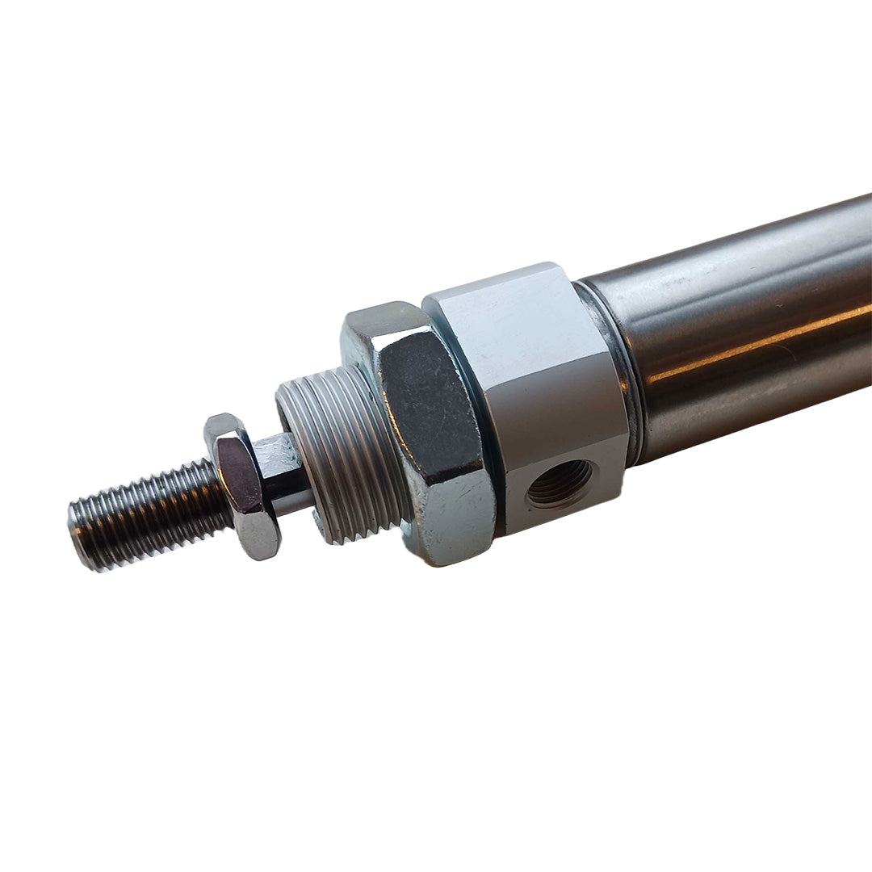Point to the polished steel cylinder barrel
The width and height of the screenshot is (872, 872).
click(x=743, y=339)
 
